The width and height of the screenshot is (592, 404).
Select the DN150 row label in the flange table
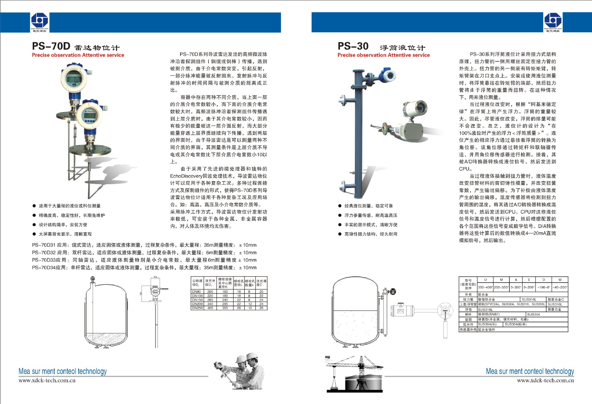[197, 300]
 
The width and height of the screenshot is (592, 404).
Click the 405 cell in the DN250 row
[210, 308]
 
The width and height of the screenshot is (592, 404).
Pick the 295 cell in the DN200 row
[225, 304]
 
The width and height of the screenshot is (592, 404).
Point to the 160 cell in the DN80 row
[225, 292]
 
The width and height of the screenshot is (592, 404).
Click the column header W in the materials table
[560, 280]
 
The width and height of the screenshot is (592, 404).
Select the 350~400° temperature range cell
[485, 287]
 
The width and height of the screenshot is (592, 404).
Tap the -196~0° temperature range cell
[544, 287]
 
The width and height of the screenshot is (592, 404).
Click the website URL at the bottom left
[47, 381]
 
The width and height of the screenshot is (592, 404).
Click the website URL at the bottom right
[545, 381]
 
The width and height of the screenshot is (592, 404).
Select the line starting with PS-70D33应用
[144, 260]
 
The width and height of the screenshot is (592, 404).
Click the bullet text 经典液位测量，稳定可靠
[368, 206]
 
